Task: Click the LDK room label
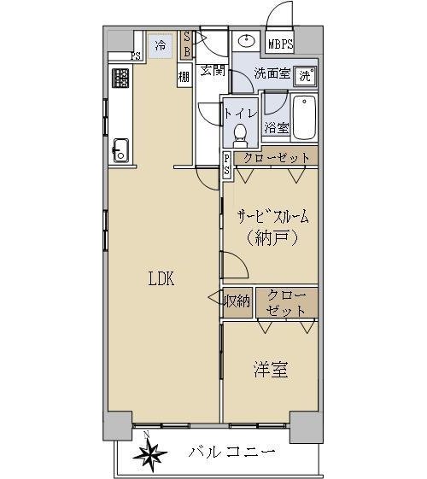click(x=161, y=278)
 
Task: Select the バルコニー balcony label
click(x=231, y=451)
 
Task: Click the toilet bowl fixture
click(x=241, y=136)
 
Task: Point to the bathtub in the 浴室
click(x=304, y=117)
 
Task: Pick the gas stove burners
click(x=120, y=78)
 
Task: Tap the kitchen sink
click(x=121, y=150)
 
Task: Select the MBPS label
click(x=280, y=44)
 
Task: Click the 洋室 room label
click(x=271, y=370)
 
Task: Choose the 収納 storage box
click(x=237, y=302)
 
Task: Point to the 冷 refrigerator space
click(x=161, y=46)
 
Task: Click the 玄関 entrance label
click(x=213, y=70)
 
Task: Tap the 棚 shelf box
click(x=184, y=75)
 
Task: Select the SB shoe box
click(x=187, y=45)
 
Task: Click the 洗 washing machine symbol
click(x=306, y=75)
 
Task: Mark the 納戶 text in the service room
click(x=272, y=237)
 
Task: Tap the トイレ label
click(x=241, y=114)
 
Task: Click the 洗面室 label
click(x=272, y=73)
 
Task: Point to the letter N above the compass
click(x=146, y=434)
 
